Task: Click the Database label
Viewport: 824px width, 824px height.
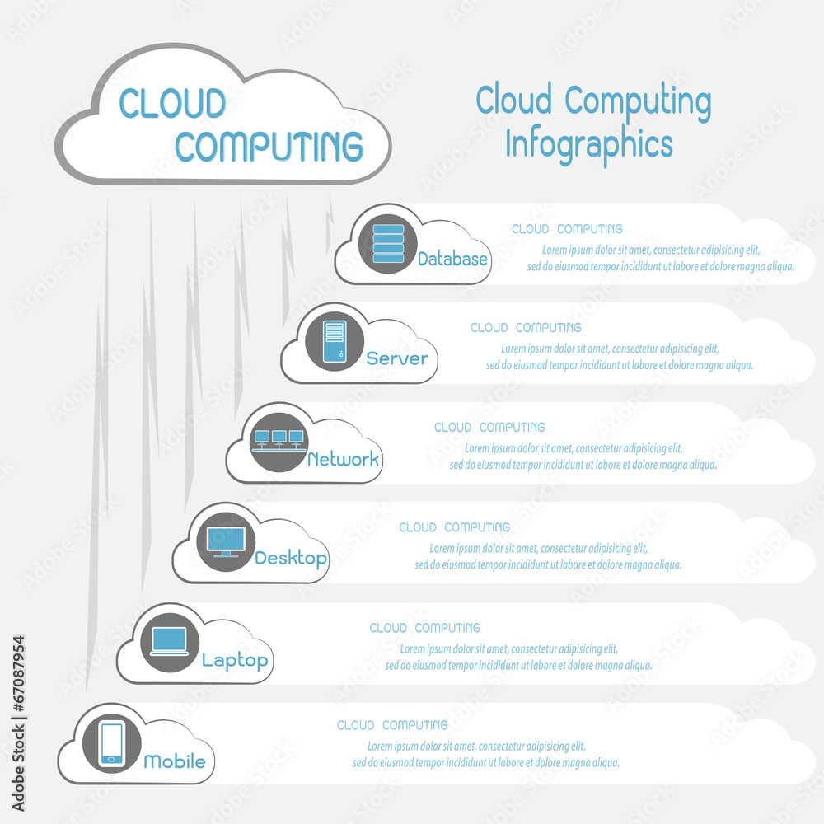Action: coord(452,259)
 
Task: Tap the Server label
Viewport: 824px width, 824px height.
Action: coord(397,358)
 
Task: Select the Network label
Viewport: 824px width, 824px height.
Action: coord(343,459)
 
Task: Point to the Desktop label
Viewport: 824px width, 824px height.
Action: coord(291,558)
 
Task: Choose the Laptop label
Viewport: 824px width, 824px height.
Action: coord(235,660)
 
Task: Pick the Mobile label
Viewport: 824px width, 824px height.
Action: coord(175,761)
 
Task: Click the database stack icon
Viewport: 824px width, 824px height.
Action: coord(388,244)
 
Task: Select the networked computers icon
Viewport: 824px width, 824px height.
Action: coord(279,441)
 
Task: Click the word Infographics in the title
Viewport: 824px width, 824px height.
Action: coord(588,143)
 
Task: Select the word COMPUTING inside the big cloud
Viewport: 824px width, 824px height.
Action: coord(269,145)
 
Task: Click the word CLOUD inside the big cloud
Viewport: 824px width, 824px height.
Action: coord(172,103)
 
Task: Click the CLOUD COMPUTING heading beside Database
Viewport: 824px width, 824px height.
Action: coord(567,229)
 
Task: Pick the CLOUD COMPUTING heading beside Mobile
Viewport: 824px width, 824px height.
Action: coord(392,725)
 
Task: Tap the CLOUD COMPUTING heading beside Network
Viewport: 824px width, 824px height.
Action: coord(489,428)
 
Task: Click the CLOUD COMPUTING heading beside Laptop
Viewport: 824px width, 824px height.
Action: coord(425,628)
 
